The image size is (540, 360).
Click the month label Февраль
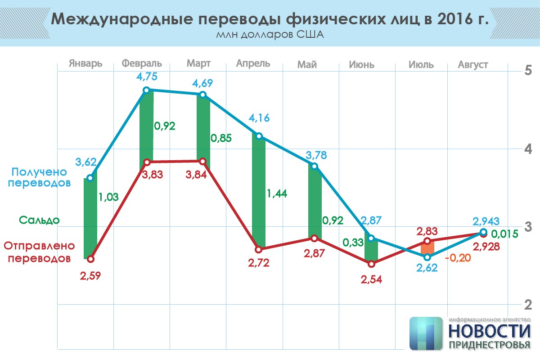142,63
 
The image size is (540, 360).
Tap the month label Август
473,65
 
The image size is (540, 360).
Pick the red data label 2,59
90,275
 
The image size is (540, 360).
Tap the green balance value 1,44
277,194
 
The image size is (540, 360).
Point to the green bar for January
90,218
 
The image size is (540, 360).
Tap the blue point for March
202,94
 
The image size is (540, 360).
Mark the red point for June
371,264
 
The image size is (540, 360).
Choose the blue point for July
427,257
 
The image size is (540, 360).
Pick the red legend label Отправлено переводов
38,252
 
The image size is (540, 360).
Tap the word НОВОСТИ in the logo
489,331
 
